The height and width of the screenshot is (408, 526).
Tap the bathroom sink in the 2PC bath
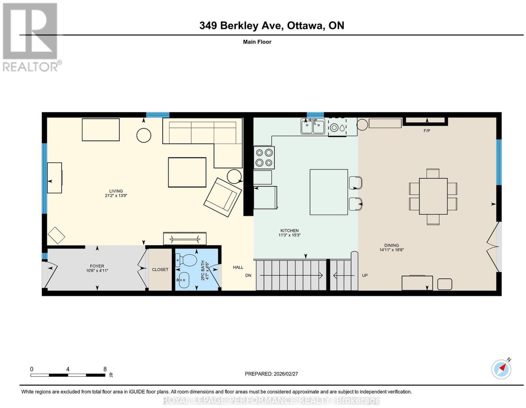click(183, 280)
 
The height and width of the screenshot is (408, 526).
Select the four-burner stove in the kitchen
click(264, 158)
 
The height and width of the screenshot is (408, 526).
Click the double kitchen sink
click(313, 126)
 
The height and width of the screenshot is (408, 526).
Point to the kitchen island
click(329, 192)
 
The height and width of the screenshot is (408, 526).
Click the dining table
click(433, 196)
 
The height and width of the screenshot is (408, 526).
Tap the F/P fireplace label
click(427, 131)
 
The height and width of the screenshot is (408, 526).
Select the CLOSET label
click(160, 269)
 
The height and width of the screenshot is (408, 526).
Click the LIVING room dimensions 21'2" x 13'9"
click(116, 196)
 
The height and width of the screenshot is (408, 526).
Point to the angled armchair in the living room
click(223, 197)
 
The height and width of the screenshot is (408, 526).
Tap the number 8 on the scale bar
click(105, 369)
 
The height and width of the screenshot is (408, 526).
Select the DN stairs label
click(248, 275)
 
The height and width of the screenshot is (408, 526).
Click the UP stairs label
click(365, 275)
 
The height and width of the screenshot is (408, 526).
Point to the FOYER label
click(97, 266)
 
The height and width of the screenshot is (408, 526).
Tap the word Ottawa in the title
click(306, 25)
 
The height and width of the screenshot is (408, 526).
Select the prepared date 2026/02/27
click(286, 374)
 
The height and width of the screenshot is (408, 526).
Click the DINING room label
click(392, 246)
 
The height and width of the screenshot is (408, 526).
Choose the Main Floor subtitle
click(257, 42)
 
